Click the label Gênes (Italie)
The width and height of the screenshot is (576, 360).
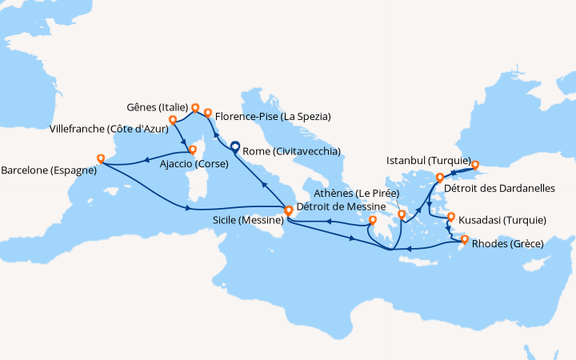[157, 107]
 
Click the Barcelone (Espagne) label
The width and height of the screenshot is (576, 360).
[49, 170]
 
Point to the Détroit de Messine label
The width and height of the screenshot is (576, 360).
[334, 207]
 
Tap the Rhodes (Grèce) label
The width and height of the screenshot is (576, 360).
[507, 243]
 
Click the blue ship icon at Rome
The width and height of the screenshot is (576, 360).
[234, 146]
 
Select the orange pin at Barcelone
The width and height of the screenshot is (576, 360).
[100, 158]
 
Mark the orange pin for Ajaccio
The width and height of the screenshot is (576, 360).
[191, 149]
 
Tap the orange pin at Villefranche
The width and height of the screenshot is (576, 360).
[172, 120]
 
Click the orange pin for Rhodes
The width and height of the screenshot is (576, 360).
[465, 238]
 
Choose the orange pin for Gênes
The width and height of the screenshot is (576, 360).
[194, 106]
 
